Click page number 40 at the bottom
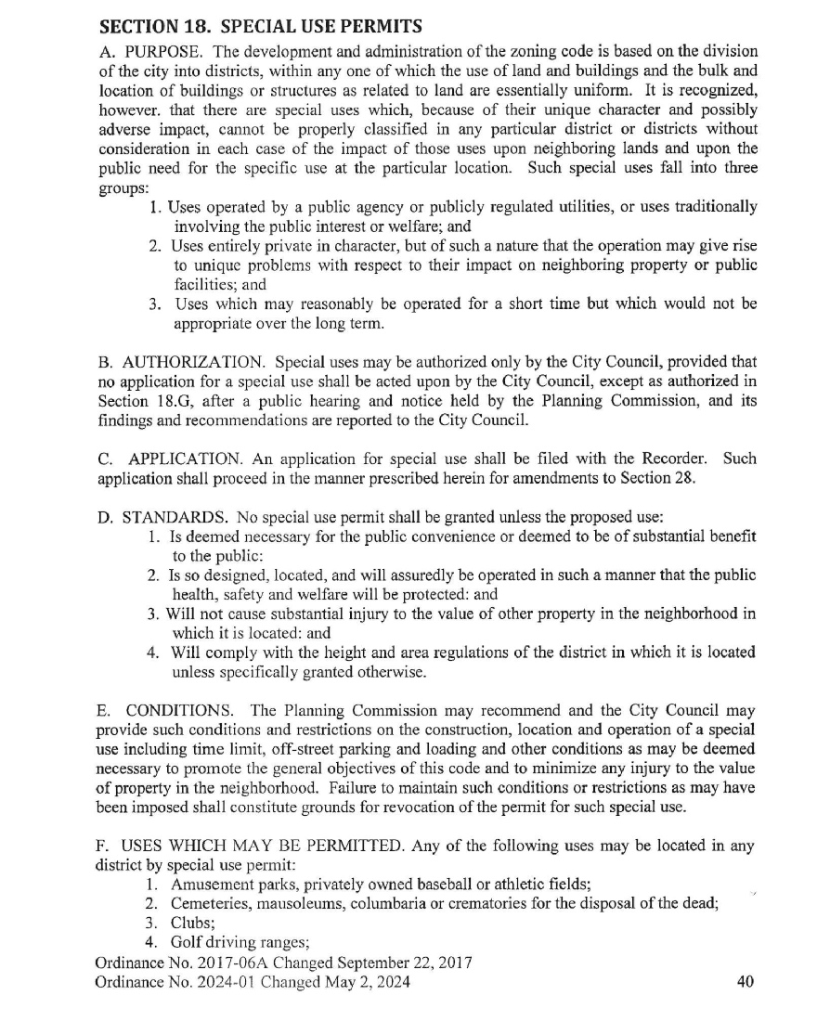point(745,982)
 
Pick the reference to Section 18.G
point(136,401)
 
